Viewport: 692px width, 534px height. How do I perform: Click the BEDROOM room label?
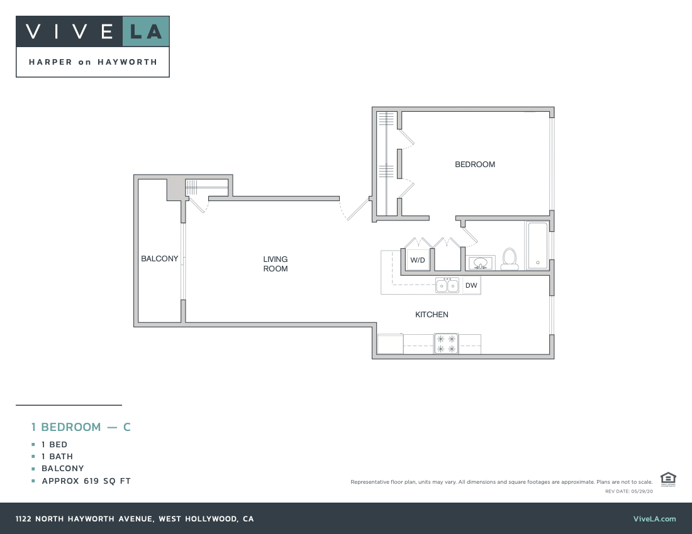pyautogui.click(x=475, y=165)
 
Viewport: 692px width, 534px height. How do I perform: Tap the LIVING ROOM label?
pyautogui.click(x=276, y=264)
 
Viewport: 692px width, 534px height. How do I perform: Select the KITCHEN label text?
pyautogui.click(x=432, y=314)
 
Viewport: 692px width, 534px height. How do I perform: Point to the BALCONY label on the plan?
pyautogui.click(x=159, y=259)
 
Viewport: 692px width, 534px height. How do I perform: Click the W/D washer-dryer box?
pyautogui.click(x=417, y=260)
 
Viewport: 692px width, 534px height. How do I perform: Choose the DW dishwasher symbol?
pyautogui.click(x=471, y=286)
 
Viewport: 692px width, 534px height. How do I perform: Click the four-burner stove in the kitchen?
pyautogui.click(x=446, y=344)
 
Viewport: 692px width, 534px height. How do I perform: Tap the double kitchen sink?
pyautogui.click(x=448, y=286)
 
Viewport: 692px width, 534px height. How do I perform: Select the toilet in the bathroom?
pyautogui.click(x=509, y=259)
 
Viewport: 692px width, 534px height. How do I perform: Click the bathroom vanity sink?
pyautogui.click(x=481, y=263)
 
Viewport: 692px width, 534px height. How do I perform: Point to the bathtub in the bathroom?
pyautogui.click(x=537, y=246)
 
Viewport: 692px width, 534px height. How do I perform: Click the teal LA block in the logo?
pyautogui.click(x=145, y=31)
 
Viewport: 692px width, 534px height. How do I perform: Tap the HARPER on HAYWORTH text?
pyautogui.click(x=92, y=62)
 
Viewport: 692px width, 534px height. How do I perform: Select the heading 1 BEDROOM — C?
pyautogui.click(x=81, y=427)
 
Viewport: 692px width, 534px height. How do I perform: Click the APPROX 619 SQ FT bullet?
pyautogui.click(x=86, y=481)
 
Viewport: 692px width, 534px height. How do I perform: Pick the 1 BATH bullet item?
pyautogui.click(x=57, y=457)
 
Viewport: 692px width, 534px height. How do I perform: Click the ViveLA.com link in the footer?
pyautogui.click(x=654, y=519)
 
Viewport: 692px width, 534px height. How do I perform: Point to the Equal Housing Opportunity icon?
pyautogui.click(x=668, y=479)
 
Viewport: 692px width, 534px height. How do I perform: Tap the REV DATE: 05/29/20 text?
pyautogui.click(x=629, y=491)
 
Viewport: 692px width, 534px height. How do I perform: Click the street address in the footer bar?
pyautogui.click(x=135, y=519)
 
